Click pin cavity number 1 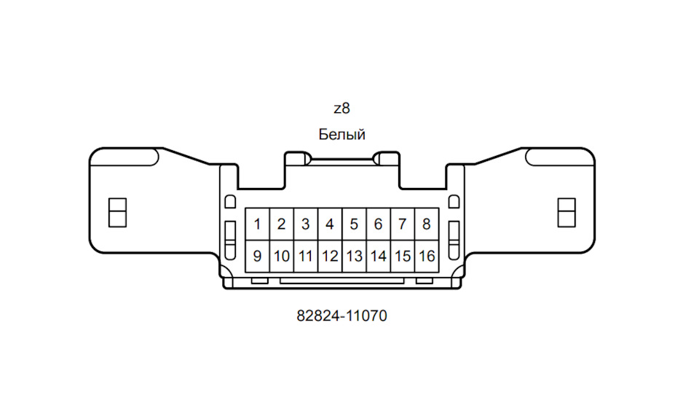coord(258,224)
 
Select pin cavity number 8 coord(427,224)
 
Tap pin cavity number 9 coord(258,257)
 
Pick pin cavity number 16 coord(427,257)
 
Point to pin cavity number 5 coord(355,224)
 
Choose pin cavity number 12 coord(331,257)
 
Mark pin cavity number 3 coord(306,224)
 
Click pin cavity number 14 coord(379,257)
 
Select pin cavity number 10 coord(282,257)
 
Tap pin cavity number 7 coord(403,224)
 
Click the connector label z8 coord(342,109)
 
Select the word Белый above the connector coord(342,134)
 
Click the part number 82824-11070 coord(342,316)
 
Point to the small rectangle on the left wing coord(118,213)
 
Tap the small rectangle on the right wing coord(566,213)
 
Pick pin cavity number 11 coord(306,257)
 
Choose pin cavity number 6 coord(379,224)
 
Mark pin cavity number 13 coord(355,257)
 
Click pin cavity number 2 coord(282,224)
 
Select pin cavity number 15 coord(403,257)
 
